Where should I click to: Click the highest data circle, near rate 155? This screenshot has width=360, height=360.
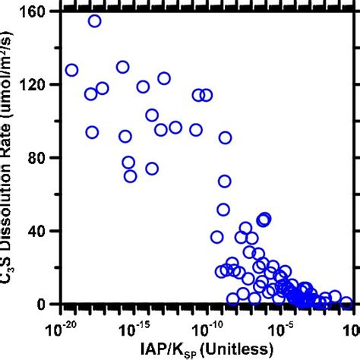pos(95,21)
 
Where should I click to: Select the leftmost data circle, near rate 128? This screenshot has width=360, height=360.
pos(71,70)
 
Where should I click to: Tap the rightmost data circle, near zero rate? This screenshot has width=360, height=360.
pos(346,302)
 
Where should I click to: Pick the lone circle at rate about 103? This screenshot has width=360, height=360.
pos(152,115)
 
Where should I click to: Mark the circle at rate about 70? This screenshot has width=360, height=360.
pos(130,176)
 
